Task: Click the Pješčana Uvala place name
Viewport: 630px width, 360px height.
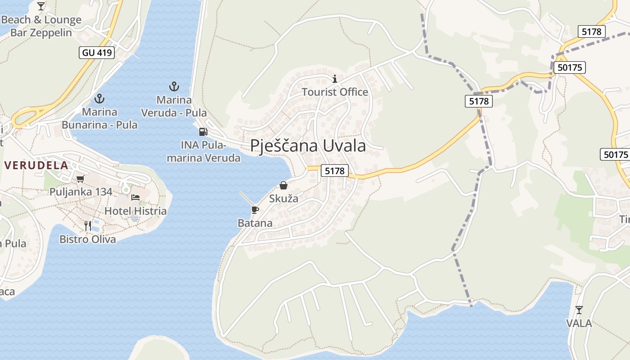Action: click(x=308, y=146)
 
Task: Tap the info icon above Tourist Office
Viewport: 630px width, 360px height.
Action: click(x=334, y=79)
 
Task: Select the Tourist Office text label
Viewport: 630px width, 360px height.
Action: click(x=334, y=92)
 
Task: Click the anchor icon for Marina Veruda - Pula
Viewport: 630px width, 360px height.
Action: click(x=174, y=86)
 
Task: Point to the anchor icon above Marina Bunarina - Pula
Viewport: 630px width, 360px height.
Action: click(x=99, y=99)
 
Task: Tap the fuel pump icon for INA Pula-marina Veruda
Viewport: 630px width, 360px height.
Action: click(x=203, y=132)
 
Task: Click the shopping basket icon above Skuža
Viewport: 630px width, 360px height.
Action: click(x=283, y=185)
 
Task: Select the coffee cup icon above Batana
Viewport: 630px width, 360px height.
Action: click(x=255, y=210)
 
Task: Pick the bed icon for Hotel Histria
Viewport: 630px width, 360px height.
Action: click(x=135, y=198)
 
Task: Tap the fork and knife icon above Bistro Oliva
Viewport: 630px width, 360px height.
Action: click(x=88, y=225)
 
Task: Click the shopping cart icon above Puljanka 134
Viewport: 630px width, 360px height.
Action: click(x=81, y=179)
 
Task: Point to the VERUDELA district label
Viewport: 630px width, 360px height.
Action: click(x=36, y=165)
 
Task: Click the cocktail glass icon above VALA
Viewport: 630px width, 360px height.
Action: click(x=579, y=310)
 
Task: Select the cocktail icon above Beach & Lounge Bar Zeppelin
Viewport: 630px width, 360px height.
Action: click(x=41, y=6)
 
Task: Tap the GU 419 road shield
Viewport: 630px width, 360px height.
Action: click(x=97, y=53)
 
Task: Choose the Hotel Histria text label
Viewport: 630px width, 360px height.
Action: click(x=135, y=211)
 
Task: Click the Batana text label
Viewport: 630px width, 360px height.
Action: click(x=255, y=223)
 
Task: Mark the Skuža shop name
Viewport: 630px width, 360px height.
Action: click(x=283, y=198)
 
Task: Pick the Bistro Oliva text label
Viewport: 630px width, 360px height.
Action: click(x=88, y=239)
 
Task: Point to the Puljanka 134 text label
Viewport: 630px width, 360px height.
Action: click(x=81, y=192)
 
